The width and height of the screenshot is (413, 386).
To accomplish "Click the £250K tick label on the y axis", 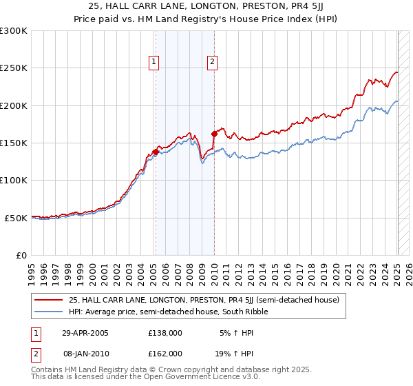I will (14, 68).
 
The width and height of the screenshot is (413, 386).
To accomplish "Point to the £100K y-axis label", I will (14, 181).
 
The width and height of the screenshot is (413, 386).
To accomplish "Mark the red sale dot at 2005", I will (156, 152).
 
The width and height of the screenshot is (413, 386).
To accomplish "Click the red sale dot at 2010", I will (214, 134).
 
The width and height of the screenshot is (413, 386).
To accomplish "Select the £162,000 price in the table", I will (165, 353).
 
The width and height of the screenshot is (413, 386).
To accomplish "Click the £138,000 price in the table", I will (165, 333).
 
